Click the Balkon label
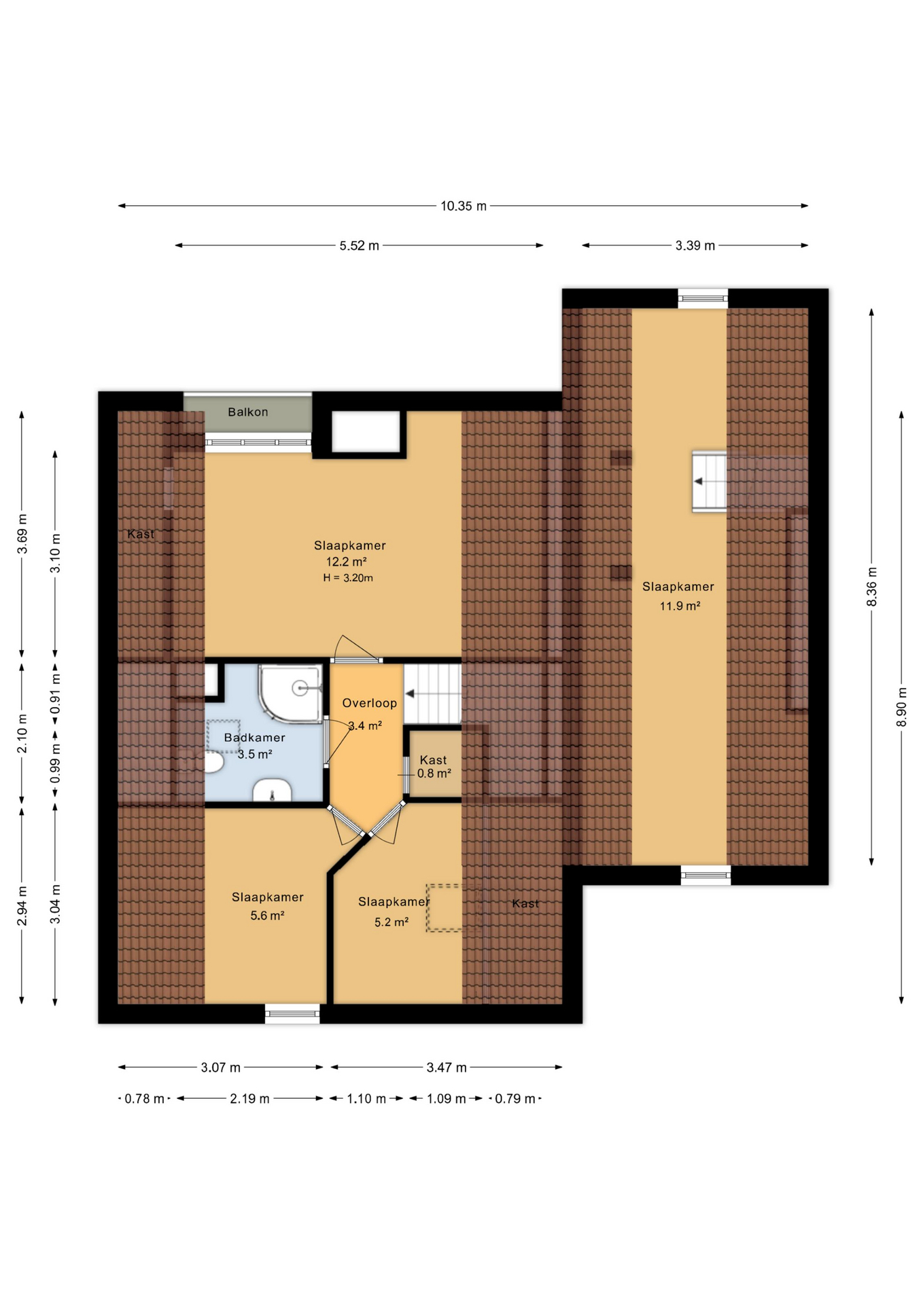tap(247, 412)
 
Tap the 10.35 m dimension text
tap(464, 206)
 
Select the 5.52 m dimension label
tap(359, 246)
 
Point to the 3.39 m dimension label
tap(695, 246)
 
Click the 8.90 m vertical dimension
tap(901, 706)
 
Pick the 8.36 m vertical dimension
tap(871, 586)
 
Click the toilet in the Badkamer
tap(213, 762)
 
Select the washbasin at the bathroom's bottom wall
tap(272, 791)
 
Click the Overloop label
tap(369, 703)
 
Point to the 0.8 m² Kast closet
tap(434, 766)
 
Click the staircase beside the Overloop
tap(433, 693)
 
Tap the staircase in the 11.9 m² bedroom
tap(709, 482)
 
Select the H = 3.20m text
tap(348, 578)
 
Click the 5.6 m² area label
tap(267, 916)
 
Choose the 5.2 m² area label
tap(391, 922)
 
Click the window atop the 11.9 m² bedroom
tap(703, 298)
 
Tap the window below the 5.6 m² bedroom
tap(292, 1013)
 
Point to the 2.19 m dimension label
tap(249, 1098)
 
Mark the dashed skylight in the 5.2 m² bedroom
tap(444, 907)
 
